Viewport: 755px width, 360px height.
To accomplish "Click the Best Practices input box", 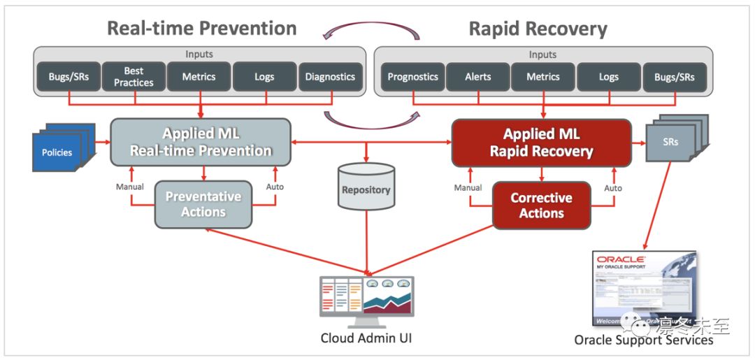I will coord(134,77).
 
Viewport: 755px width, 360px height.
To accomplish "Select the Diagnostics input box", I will coord(330,77).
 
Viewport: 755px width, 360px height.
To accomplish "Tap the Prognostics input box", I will coord(412,77).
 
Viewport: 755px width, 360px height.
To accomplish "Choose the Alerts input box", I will coord(478,77).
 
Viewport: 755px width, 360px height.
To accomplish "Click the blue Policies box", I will coord(58,152).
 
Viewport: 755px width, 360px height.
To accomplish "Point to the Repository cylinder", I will coord(366,188).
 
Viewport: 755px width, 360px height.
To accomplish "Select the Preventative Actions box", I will coord(203,204).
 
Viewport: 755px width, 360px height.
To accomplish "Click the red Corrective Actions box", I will coord(541,206).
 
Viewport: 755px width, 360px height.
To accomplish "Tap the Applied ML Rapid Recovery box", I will coord(541,143).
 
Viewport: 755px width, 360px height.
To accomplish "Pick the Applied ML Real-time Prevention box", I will coord(201,142).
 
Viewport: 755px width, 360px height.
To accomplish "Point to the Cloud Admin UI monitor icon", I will coord(366,299).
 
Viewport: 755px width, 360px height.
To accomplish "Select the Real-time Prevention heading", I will coord(201,28).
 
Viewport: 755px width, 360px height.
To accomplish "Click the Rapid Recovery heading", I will coord(538,29).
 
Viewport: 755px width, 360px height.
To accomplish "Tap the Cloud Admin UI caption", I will coord(366,338).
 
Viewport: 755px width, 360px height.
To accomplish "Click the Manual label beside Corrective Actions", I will coord(468,187).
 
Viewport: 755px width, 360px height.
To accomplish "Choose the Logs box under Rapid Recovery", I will coord(608,77).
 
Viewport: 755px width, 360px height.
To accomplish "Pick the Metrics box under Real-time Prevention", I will coord(199,77).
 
